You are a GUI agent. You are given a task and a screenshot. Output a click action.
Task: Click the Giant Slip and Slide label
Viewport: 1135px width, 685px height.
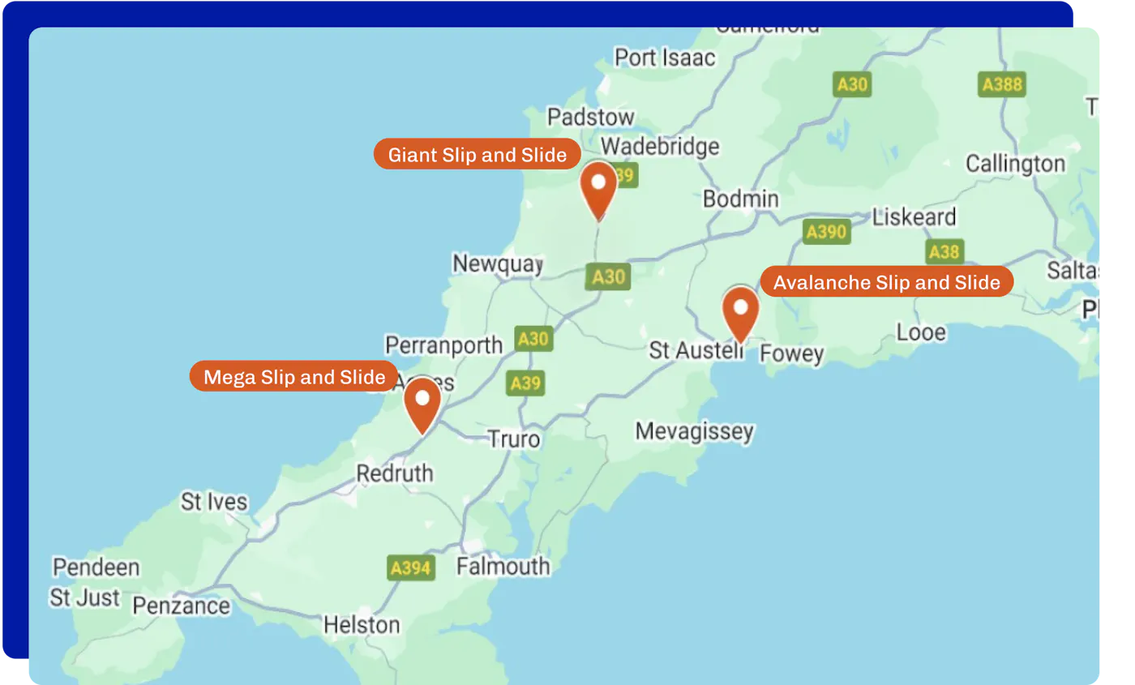coord(477,155)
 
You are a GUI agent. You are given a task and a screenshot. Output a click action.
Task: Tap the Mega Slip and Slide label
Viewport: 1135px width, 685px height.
coord(293,377)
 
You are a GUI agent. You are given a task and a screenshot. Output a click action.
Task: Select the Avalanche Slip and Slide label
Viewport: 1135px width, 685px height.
coord(886,283)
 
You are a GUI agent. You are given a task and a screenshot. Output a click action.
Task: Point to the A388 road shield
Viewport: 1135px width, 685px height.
coord(1002,84)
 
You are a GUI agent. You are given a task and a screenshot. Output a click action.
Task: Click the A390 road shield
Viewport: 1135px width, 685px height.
coord(826,232)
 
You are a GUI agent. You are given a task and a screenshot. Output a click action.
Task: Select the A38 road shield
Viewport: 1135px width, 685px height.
coord(944,251)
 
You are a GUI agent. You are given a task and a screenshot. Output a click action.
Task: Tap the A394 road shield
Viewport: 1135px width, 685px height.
coord(410,567)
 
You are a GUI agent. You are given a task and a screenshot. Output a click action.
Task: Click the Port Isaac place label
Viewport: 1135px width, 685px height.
coord(665,58)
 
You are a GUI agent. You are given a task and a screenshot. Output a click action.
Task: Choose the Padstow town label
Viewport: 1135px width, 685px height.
coord(590,117)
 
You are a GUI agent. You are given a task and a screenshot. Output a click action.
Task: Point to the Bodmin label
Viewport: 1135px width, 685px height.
coord(740,199)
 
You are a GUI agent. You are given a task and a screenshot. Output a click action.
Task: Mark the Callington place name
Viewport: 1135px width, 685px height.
coord(1015,164)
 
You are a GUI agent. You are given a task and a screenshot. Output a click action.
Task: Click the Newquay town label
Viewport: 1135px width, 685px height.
coord(497,263)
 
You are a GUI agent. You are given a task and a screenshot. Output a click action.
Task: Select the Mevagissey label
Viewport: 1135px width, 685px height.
coord(694,431)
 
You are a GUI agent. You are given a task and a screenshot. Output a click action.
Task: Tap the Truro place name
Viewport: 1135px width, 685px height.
coord(513,439)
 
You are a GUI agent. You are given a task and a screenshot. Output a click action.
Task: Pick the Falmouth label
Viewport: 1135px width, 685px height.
coord(503,566)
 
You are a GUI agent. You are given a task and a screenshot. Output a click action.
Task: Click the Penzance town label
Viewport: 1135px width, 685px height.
coord(181,606)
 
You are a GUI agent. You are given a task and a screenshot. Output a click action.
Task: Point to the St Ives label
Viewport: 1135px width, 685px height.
coord(214,502)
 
